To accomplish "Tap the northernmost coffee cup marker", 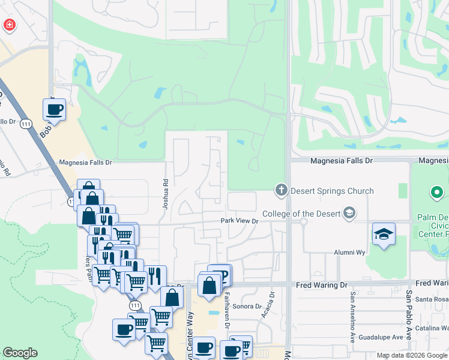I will pos(55,110).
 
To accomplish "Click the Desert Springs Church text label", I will pos(332,191).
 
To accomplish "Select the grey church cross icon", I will pos(280,191).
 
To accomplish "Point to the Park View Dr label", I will pos(239,221).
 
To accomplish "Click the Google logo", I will pos(20,353).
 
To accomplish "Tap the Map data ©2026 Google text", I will pos(411,355).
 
